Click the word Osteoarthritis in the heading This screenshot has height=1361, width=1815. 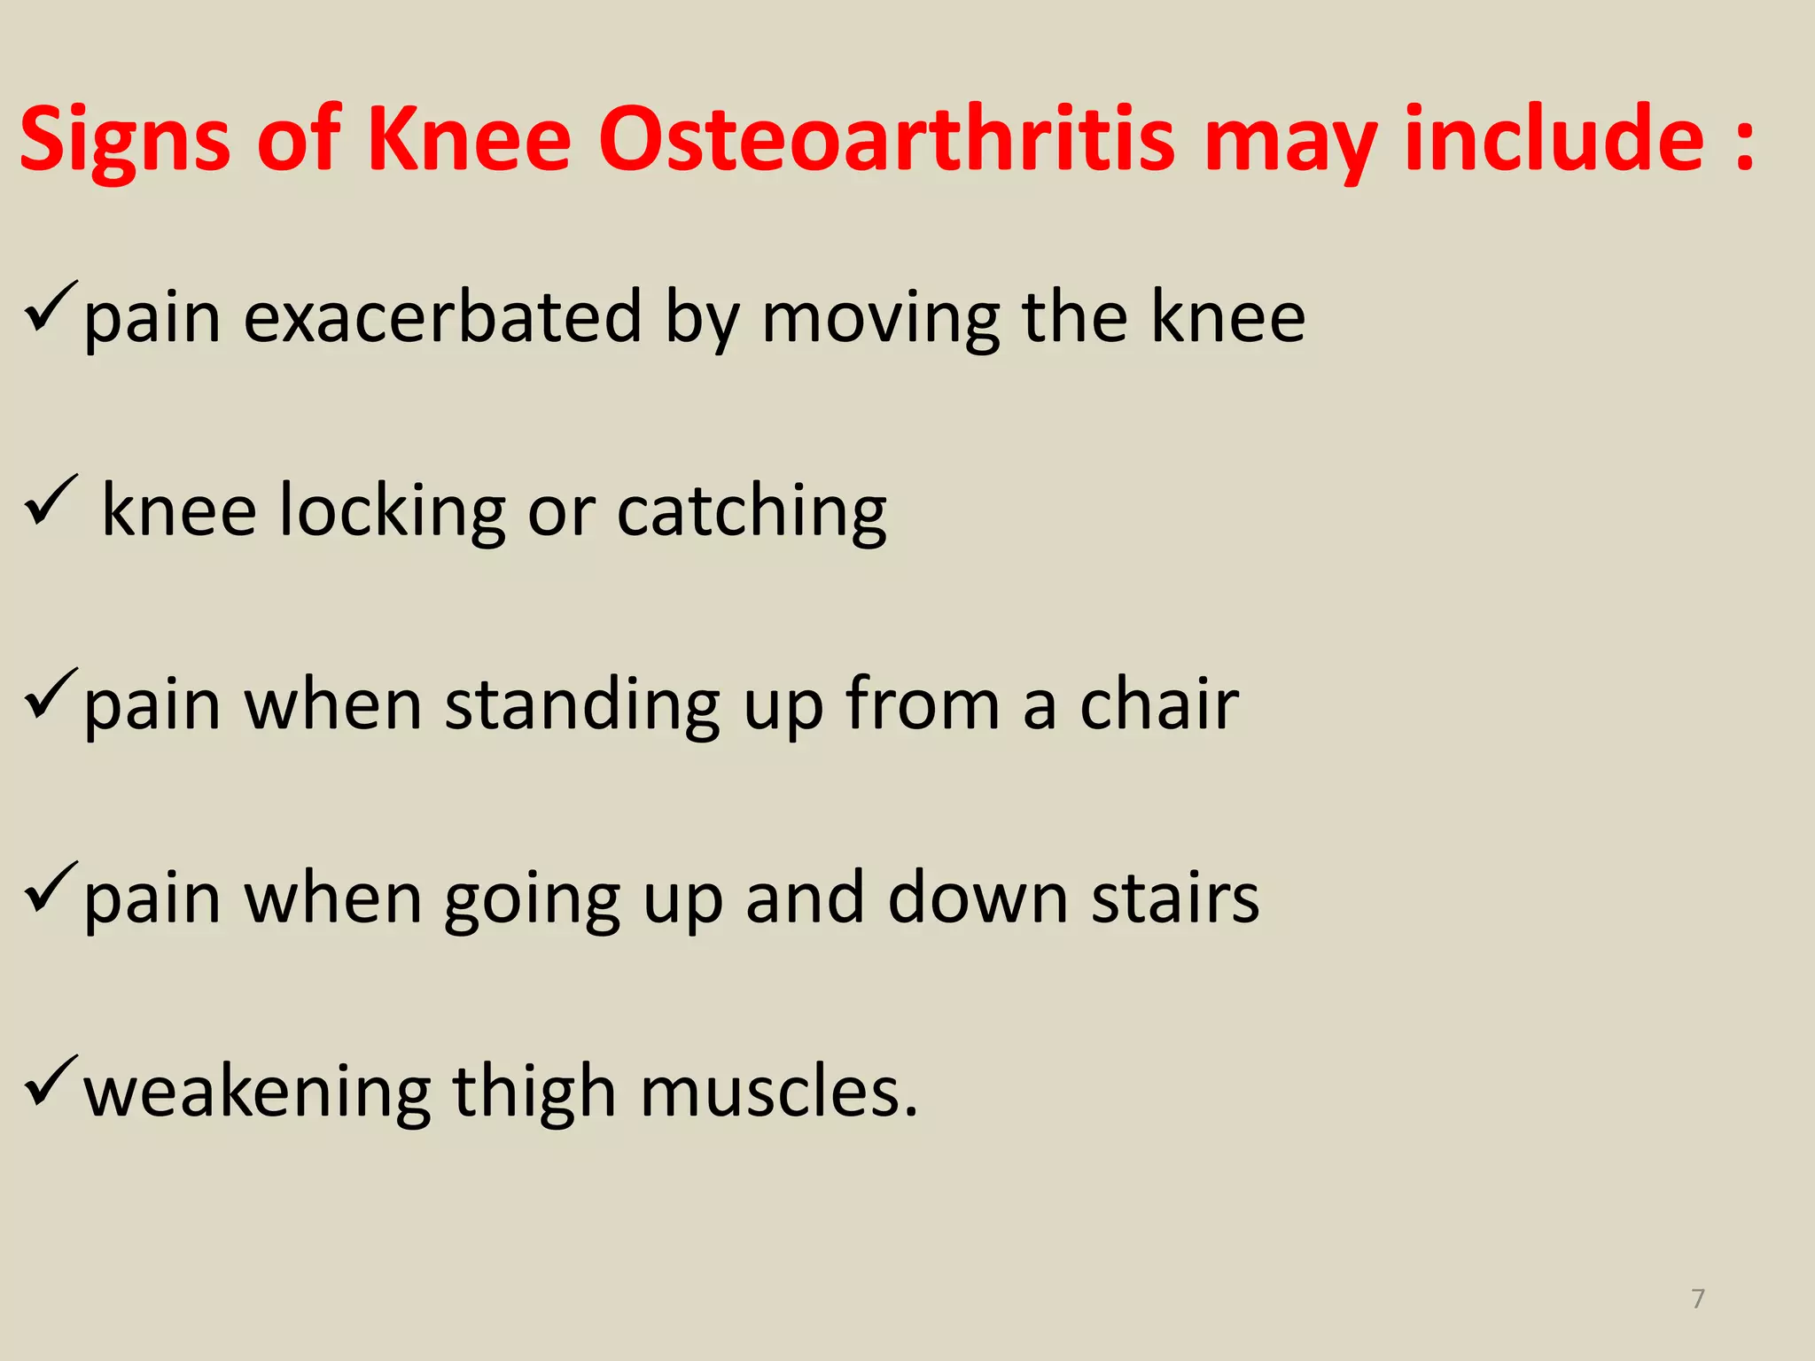[x=886, y=140]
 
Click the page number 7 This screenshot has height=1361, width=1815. [x=1697, y=1299]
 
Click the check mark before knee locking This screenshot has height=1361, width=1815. [x=51, y=501]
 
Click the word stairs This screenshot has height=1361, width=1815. [x=1174, y=898]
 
